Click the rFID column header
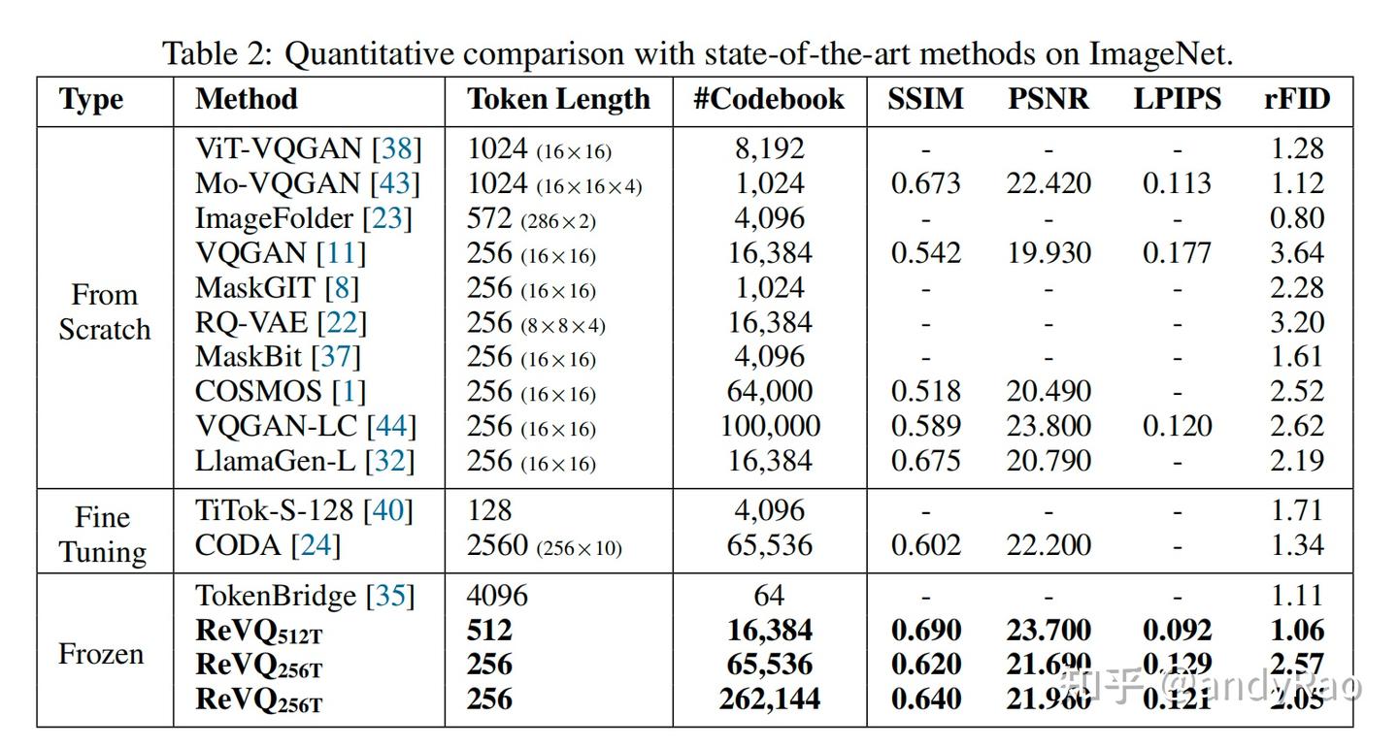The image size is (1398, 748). [1296, 100]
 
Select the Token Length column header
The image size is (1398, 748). [558, 100]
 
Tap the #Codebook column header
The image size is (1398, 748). [769, 100]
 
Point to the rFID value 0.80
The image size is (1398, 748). [1296, 218]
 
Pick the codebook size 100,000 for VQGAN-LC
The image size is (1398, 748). [770, 426]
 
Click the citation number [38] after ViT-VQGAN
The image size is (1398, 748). [398, 148]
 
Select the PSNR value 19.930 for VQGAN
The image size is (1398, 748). [1048, 253]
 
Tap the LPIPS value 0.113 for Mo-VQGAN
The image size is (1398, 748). [1177, 183]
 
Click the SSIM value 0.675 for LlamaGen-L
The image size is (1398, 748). [925, 461]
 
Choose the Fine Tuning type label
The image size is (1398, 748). [103, 535]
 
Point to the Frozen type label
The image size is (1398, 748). [101, 654]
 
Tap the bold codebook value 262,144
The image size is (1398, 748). [770, 699]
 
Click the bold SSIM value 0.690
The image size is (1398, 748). [925, 631]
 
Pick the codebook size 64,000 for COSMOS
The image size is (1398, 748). [770, 392]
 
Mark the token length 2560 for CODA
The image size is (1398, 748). [498, 546]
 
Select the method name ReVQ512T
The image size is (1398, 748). [258, 632]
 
